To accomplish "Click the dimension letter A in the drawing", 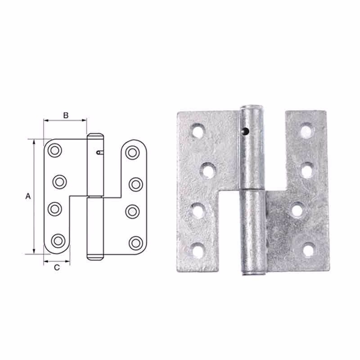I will [x=28, y=196].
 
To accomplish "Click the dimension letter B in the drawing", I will [x=65, y=115].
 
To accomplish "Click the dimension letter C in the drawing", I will [x=57, y=268].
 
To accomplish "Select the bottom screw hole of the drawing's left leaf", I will [x=57, y=241].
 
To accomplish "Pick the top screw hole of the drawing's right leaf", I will [x=132, y=152].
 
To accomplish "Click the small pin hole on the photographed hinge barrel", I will [x=245, y=131].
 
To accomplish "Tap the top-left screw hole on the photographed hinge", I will [x=198, y=131].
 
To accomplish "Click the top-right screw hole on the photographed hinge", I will [x=306, y=131].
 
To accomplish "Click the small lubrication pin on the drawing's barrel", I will [x=99, y=153].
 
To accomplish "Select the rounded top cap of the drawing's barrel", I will [x=95, y=136].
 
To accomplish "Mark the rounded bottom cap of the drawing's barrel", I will [x=95, y=256].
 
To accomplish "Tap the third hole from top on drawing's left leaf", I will [x=55, y=209].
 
